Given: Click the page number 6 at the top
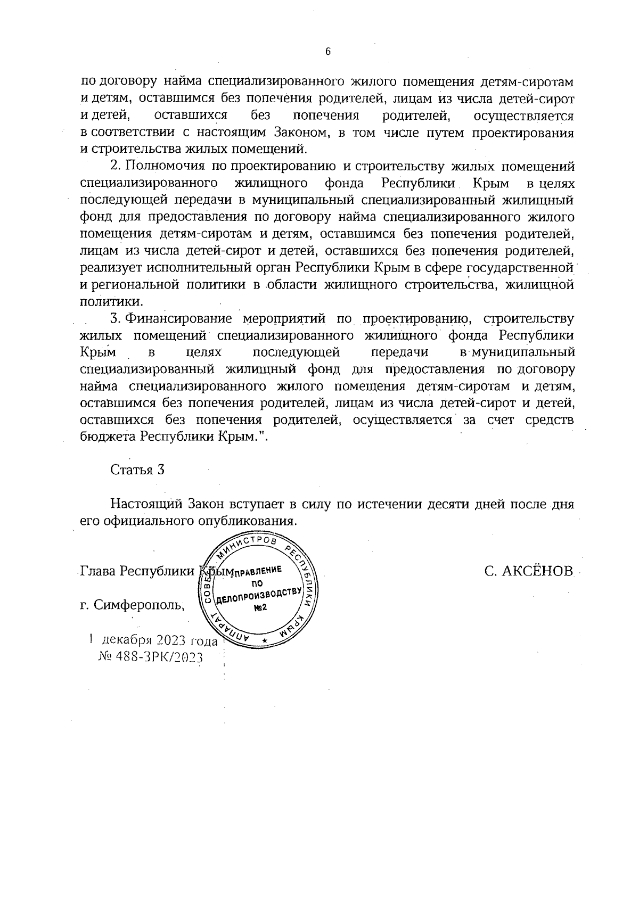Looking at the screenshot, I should (327, 52).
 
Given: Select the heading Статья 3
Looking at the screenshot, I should (137, 470).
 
